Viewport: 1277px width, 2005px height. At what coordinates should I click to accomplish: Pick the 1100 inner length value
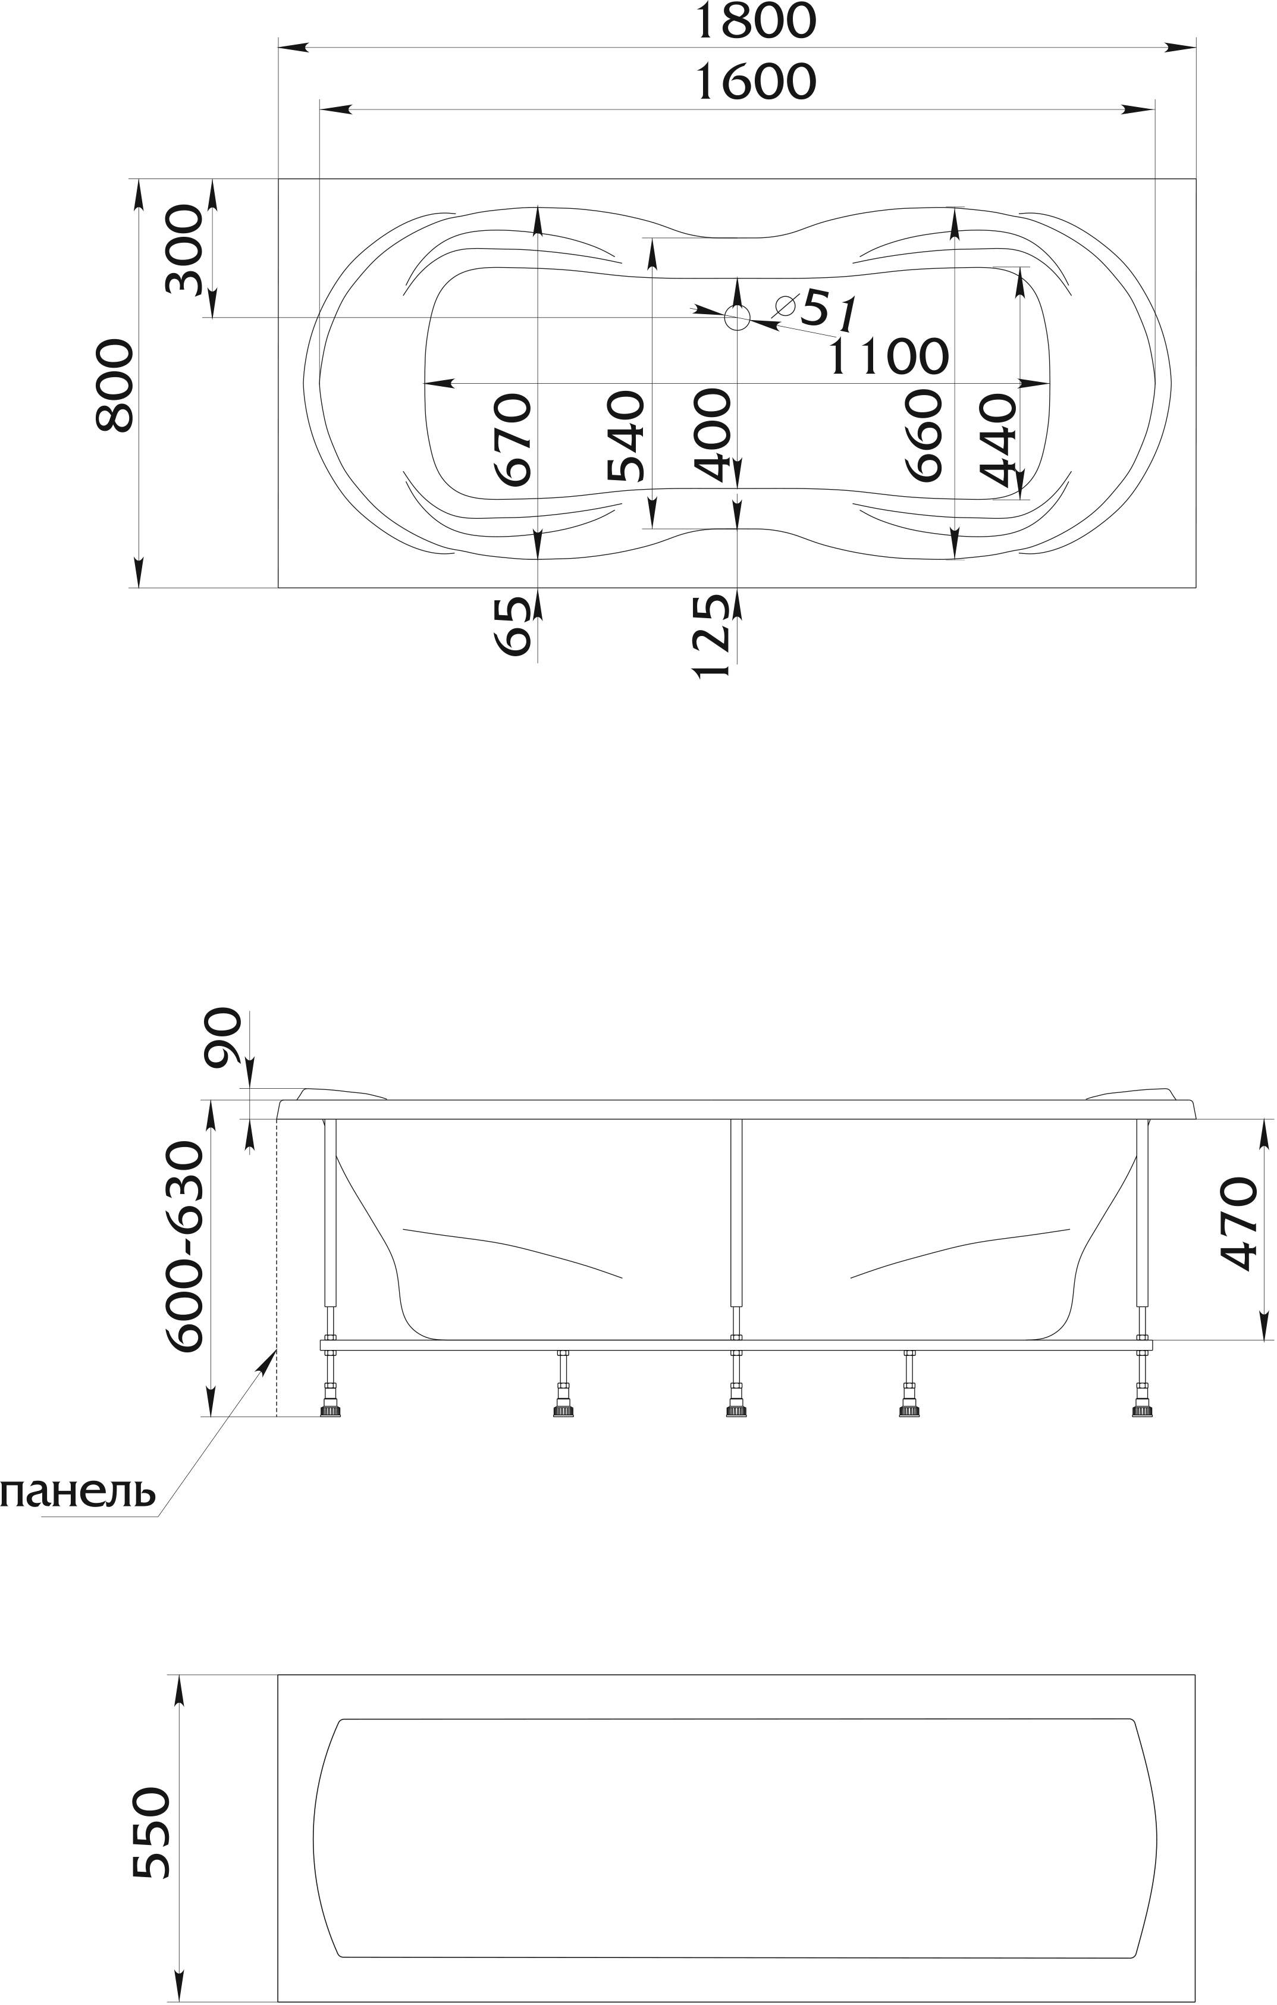coord(888,356)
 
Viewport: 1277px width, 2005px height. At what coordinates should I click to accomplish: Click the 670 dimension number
coord(512,439)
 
